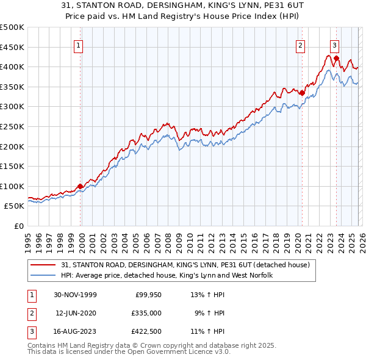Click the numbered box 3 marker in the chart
[x=335, y=44]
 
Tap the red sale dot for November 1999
[x=81, y=186]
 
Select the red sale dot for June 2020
[x=301, y=93]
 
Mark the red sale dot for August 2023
[x=336, y=58]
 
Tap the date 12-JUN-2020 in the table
[x=76, y=312]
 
